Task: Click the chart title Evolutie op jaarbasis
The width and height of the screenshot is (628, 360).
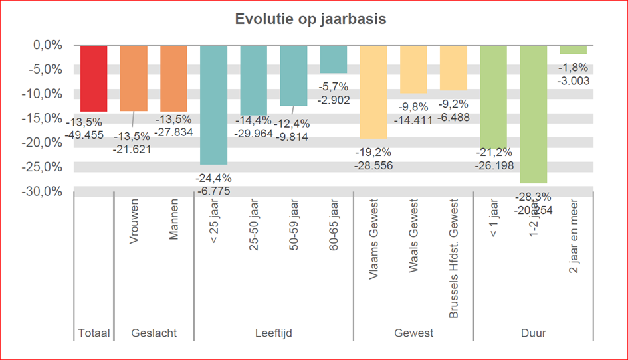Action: (310, 19)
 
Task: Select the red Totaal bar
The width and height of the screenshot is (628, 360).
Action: (94, 78)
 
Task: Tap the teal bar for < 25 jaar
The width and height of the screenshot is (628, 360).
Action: (214, 104)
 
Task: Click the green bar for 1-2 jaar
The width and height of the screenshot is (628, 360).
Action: (533, 114)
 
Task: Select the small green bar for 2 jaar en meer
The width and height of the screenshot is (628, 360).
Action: (573, 50)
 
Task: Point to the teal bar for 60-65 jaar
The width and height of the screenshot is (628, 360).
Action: (334, 59)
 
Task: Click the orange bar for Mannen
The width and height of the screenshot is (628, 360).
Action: (174, 78)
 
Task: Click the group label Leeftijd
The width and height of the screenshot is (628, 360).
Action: (274, 333)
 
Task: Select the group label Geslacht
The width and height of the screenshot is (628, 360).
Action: (154, 333)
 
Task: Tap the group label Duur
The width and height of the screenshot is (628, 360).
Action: (533, 333)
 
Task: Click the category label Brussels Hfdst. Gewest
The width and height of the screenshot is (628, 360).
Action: (455, 258)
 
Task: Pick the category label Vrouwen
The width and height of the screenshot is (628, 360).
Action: (134, 221)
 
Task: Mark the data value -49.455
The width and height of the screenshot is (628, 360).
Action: (84, 133)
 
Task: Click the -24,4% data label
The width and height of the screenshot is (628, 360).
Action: (213, 178)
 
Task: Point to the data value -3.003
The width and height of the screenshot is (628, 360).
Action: (573, 80)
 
